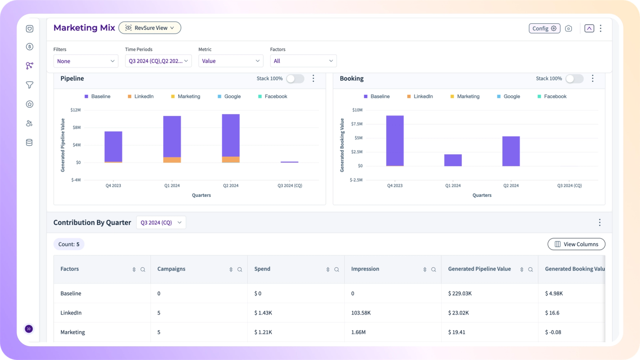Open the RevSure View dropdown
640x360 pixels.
[150, 28]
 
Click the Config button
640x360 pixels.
[544, 28]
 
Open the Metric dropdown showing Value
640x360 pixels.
[230, 61]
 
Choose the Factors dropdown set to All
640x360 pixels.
[303, 61]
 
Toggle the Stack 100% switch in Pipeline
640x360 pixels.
[295, 79]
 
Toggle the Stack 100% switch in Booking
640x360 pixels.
[575, 79]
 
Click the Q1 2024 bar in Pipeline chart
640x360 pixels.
[172, 139]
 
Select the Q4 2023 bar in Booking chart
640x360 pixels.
[395, 141]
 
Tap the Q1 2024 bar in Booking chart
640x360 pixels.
[453, 160]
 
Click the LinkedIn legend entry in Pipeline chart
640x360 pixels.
[141, 96]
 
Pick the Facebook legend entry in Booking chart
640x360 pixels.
[552, 96]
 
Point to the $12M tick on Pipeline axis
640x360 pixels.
[75, 110]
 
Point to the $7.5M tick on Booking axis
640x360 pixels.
[357, 124]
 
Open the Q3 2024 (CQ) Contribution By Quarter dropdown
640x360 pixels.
[161, 222]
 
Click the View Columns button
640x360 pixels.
[576, 244]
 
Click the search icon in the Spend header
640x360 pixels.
[336, 270]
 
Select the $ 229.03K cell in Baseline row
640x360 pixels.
[460, 293]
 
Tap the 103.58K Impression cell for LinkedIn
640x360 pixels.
[361, 313]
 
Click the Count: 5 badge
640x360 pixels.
[69, 244]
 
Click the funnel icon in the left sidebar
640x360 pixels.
[29, 85]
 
